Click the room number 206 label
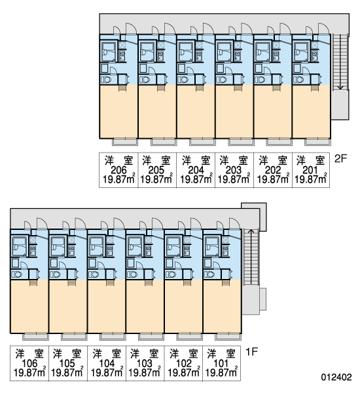click(x=118, y=170)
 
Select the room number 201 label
click(x=310, y=170)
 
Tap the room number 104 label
click(x=107, y=364)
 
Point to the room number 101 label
click(x=221, y=364)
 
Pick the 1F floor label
click(x=251, y=352)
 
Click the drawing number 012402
click(x=336, y=377)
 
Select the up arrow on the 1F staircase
click(x=251, y=256)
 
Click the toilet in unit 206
click(x=106, y=80)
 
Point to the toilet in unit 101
click(x=209, y=274)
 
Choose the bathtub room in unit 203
click(x=225, y=52)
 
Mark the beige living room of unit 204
click(x=196, y=111)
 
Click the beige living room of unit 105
click(x=68, y=307)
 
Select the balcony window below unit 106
click(x=35, y=337)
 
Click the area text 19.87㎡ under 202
click(x=273, y=179)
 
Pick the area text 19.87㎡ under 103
click(x=144, y=373)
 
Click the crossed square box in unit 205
click(x=160, y=45)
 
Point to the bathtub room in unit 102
click(x=173, y=246)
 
